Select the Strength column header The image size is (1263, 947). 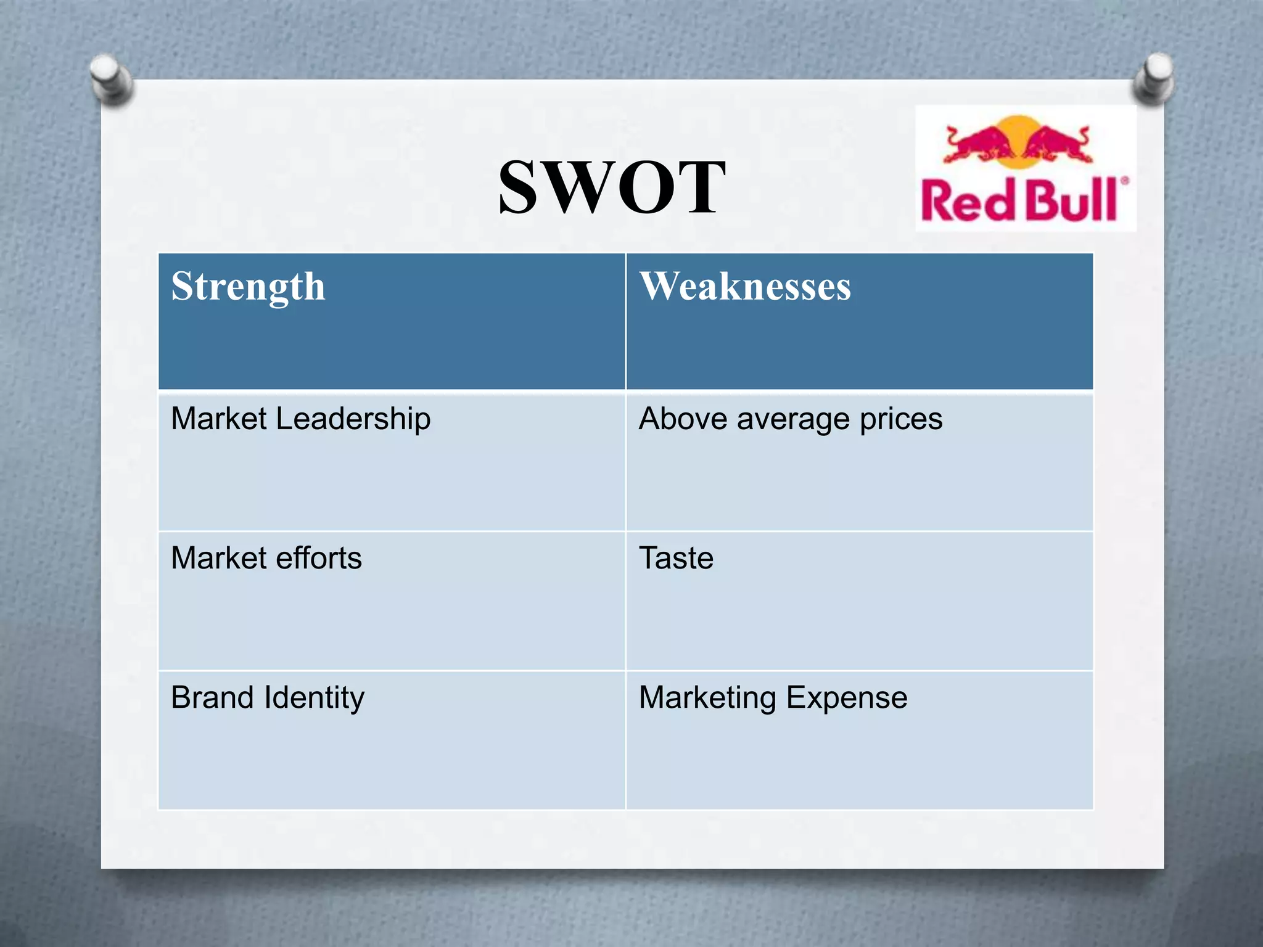(x=248, y=287)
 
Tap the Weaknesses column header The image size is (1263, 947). (x=745, y=287)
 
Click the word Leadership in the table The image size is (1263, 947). (x=353, y=419)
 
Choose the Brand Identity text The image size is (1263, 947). (x=268, y=698)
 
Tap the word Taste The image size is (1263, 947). (x=676, y=558)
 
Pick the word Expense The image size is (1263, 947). (x=847, y=699)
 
